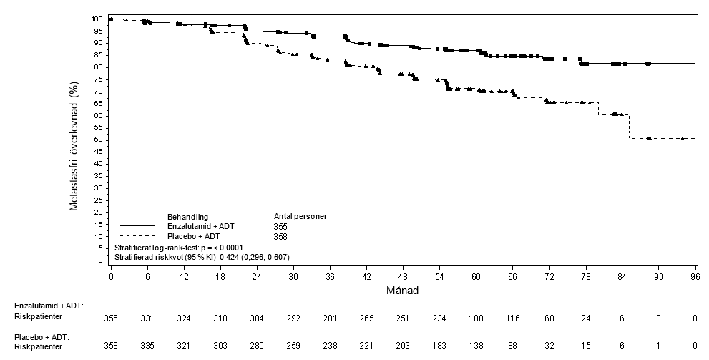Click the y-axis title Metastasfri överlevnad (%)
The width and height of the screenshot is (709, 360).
coord(74,146)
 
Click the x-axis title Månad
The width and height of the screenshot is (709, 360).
coord(402,291)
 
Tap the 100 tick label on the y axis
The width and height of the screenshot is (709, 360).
coord(97,19)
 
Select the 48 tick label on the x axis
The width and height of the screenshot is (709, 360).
coord(403,277)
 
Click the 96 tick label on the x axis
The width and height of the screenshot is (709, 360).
coord(695,277)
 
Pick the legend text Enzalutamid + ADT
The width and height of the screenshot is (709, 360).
coord(201,226)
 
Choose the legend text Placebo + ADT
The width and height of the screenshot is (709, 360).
coord(194,236)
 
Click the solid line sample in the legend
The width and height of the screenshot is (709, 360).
coord(138,225)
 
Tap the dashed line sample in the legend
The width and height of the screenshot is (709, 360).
coord(138,235)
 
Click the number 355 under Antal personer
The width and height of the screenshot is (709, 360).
coord(280,227)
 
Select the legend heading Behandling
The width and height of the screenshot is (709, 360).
coord(187,217)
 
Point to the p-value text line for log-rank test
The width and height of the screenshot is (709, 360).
coord(179,248)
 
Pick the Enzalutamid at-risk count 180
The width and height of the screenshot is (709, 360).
coord(476,318)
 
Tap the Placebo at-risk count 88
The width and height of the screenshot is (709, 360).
coord(513,346)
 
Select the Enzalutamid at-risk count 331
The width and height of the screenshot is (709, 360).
coord(147,318)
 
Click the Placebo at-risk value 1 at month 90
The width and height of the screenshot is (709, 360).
coord(658,346)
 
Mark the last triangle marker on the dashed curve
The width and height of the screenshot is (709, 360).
coord(683,138)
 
